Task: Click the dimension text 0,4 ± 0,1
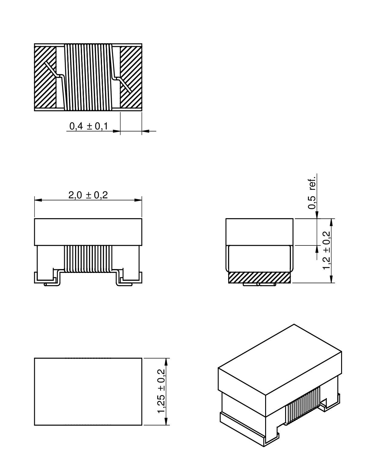(x=89, y=126)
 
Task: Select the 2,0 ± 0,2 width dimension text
(x=88, y=195)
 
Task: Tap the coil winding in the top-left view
(x=88, y=77)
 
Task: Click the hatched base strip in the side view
(x=259, y=277)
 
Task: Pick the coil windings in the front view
(x=88, y=259)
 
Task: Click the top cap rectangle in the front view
(x=88, y=232)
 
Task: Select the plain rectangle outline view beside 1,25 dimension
(x=88, y=391)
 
